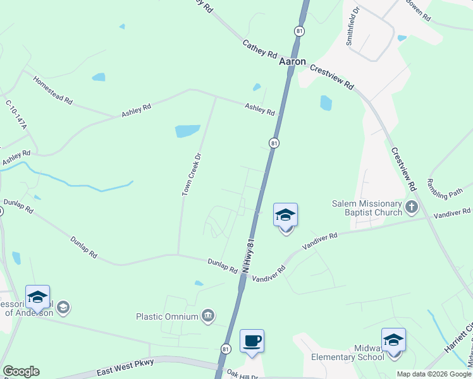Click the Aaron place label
(293, 63)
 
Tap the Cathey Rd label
(260, 49)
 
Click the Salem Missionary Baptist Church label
(367, 208)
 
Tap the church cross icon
(411, 206)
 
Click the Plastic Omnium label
(168, 316)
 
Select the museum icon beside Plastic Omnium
(208, 316)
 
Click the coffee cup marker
(252, 342)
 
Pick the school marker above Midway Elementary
(393, 340)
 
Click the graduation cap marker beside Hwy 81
(285, 215)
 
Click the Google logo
(21, 371)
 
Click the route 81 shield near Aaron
(298, 30)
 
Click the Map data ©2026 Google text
(434, 374)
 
